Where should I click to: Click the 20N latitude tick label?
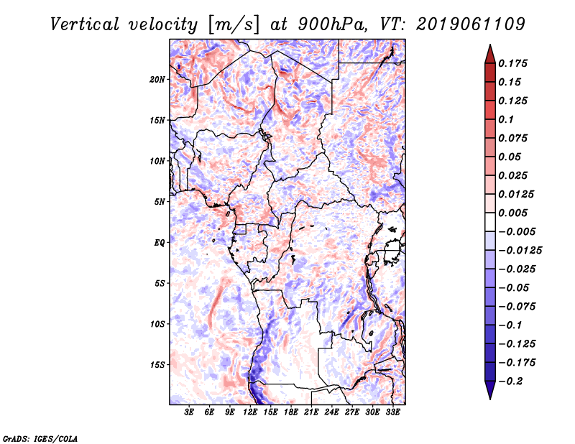(157, 79)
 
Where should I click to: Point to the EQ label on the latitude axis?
(159, 243)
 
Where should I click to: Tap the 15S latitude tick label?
(157, 365)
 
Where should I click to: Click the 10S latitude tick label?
(157, 324)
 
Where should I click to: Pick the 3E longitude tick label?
(190, 412)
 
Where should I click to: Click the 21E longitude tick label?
(311, 412)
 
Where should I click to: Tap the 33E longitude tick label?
(392, 412)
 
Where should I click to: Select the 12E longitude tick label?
(250, 412)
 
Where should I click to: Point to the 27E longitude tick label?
(352, 412)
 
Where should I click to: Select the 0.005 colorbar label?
(515, 213)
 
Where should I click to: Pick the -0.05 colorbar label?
(515, 287)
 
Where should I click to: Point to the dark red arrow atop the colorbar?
(489, 52)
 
